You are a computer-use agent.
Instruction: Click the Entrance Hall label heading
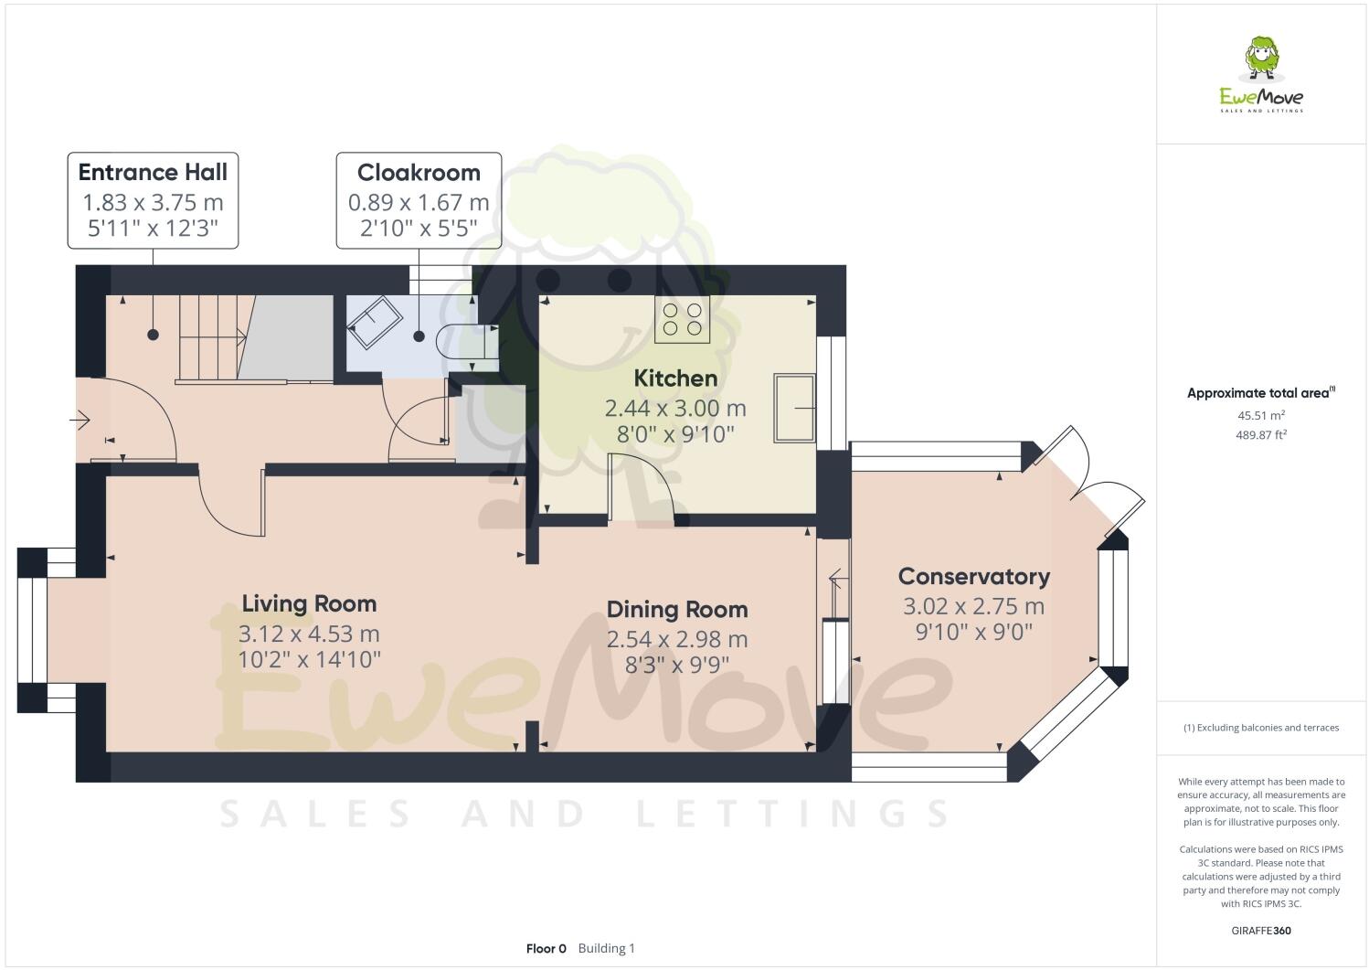coord(153,173)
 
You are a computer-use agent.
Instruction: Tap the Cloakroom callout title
coord(419,173)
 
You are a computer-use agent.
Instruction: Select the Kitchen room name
coord(675,378)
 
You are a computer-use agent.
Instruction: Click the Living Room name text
coord(309,603)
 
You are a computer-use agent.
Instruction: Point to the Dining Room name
coord(677,610)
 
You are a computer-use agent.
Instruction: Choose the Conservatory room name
coord(973,577)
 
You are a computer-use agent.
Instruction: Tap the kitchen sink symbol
coord(793,408)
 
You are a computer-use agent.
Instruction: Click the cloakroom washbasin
coord(373,325)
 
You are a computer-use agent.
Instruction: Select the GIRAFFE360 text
coord(1261,932)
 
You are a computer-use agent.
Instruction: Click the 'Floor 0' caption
coord(547,948)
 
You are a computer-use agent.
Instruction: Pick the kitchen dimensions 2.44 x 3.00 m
coord(675,408)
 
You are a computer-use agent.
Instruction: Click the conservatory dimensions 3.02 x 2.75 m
coord(973,606)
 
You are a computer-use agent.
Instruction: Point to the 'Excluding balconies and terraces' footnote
coord(1261,728)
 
